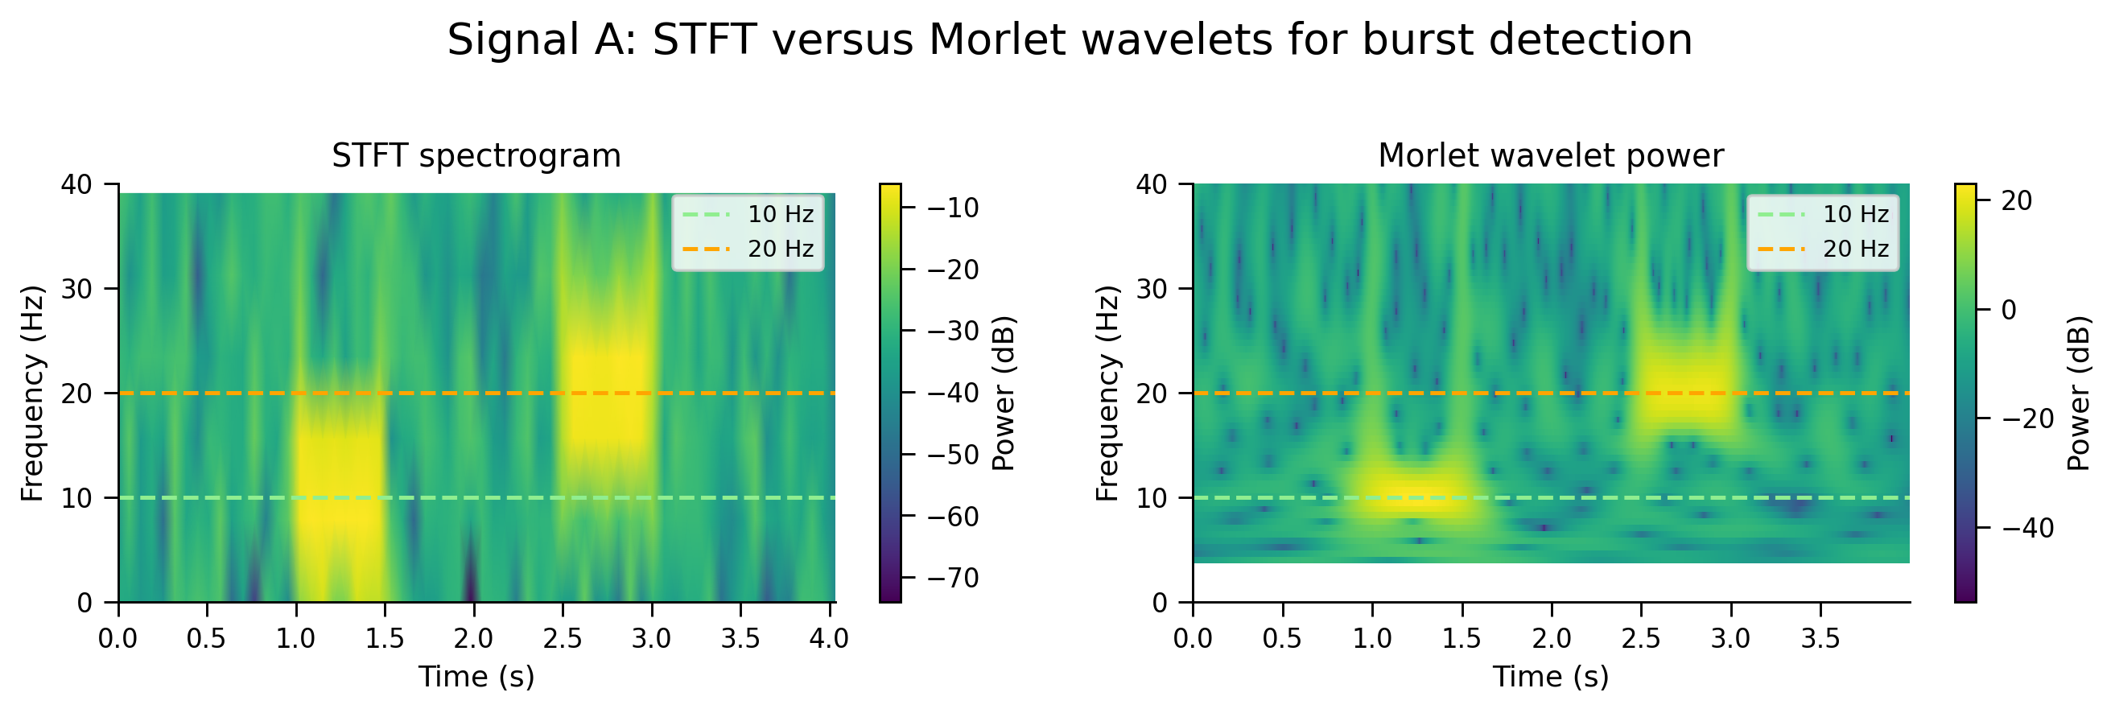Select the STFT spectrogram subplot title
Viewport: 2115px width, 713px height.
pyautogui.click(x=476, y=156)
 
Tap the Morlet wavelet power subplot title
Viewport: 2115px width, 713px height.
pyautogui.click(x=1551, y=156)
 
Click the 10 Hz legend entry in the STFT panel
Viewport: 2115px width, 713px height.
pyautogui.click(x=748, y=214)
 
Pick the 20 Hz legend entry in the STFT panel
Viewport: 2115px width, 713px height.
pyautogui.click(x=748, y=249)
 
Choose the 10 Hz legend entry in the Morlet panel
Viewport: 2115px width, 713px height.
pyautogui.click(x=1823, y=214)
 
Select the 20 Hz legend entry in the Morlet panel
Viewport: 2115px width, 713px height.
pyautogui.click(x=1823, y=249)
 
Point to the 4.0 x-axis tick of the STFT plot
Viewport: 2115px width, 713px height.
pyautogui.click(x=830, y=637)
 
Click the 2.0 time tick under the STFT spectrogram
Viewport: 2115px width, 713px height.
pyautogui.click(x=475, y=637)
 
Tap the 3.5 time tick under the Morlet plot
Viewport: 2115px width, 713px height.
pyautogui.click(x=1821, y=637)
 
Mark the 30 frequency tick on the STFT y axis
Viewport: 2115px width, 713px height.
pyautogui.click(x=77, y=289)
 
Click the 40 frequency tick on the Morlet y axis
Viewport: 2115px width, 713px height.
pyautogui.click(x=1152, y=185)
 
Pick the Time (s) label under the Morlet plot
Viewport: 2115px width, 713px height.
pyautogui.click(x=1551, y=677)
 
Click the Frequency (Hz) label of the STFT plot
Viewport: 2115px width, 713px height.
pyautogui.click(x=32, y=394)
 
